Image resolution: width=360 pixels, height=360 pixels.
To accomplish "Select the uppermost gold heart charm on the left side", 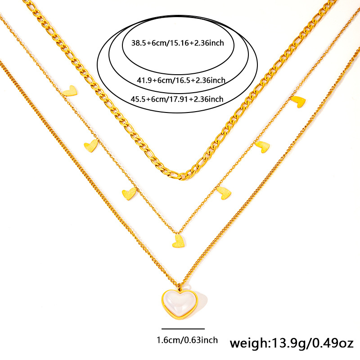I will (70, 90).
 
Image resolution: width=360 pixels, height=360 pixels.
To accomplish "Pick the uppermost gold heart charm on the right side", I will (298, 101).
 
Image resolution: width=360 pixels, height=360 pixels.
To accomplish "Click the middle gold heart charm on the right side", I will (262, 146).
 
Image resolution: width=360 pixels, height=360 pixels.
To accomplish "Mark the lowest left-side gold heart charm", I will (129, 194).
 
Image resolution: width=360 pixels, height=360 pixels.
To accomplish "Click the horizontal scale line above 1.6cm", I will (183, 329).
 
